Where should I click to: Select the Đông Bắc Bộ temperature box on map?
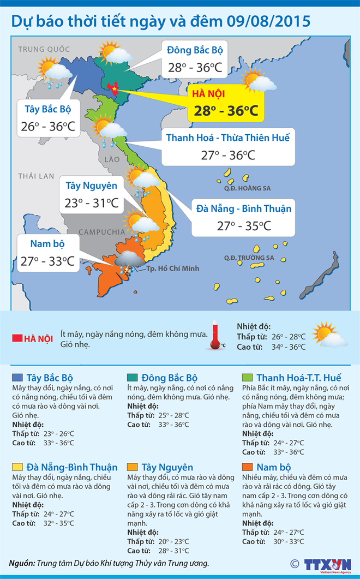(194, 58)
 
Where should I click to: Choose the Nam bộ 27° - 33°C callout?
(47, 253)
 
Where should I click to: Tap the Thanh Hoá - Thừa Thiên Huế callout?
(227, 146)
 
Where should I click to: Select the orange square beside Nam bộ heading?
(247, 467)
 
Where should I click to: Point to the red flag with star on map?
(113, 87)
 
